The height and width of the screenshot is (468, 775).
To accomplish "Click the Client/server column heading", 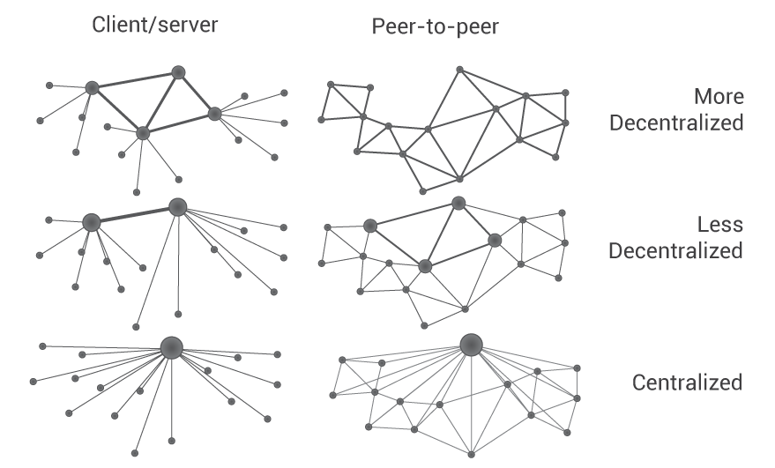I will pos(154,25).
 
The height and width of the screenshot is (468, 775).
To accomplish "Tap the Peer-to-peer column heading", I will pos(435,27).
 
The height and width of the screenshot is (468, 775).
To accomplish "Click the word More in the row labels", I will pos(718,96).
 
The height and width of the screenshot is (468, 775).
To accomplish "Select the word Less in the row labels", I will pos(720,225).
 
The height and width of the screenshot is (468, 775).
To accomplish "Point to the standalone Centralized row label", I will pos(687,383).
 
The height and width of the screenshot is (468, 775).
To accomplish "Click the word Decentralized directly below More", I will pos(676,123).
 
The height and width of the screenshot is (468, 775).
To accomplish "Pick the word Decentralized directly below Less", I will pos(676,251).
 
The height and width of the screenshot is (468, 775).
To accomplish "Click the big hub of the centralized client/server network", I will pos(171,347).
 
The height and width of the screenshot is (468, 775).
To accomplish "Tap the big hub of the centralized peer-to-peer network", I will pos(471,345).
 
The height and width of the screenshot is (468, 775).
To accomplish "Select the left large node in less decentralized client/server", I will pos(91,222).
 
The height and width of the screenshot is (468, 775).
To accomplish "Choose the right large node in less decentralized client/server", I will pos(177,207).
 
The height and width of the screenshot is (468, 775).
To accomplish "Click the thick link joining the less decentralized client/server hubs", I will pos(134,214).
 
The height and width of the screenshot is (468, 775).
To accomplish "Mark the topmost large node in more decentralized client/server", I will pos(178,72).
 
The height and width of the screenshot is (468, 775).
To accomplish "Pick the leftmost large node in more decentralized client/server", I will pos(92,87).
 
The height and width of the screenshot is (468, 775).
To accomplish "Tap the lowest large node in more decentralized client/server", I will pos(143,132).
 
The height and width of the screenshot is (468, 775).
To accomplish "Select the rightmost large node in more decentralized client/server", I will pos(214,114).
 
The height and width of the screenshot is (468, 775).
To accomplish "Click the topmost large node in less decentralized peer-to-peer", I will pos(458,204).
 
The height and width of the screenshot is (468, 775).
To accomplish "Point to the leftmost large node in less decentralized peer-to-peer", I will pos(370,226).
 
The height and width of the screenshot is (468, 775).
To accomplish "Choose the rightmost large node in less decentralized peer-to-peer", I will pos(495,240).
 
